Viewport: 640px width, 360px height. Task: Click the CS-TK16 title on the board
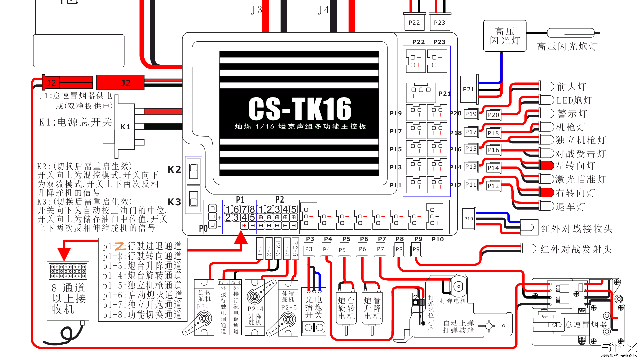pyautogui.click(x=300, y=109)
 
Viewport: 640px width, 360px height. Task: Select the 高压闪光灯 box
pyautogui.click(x=505, y=36)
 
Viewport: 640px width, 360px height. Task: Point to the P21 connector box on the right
pyautogui.click(x=469, y=89)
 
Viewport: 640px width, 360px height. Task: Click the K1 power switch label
pyautogui.click(x=125, y=127)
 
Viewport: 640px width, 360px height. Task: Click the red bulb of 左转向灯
pyautogui.click(x=547, y=166)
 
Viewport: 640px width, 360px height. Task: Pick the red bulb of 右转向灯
pyautogui.click(x=547, y=192)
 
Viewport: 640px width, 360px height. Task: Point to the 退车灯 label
pyautogui.click(x=570, y=207)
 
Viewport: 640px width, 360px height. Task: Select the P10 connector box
pyautogui.click(x=469, y=219)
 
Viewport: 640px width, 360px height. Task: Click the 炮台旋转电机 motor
pyautogui.click(x=346, y=308)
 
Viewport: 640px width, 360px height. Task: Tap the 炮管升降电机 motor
pyautogui.click(x=372, y=308)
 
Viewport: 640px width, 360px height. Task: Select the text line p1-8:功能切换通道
pyautogui.click(x=142, y=315)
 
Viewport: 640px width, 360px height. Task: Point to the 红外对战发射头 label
pyautogui.click(x=576, y=249)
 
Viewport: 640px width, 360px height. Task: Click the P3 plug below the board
pyautogui.click(x=309, y=249)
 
